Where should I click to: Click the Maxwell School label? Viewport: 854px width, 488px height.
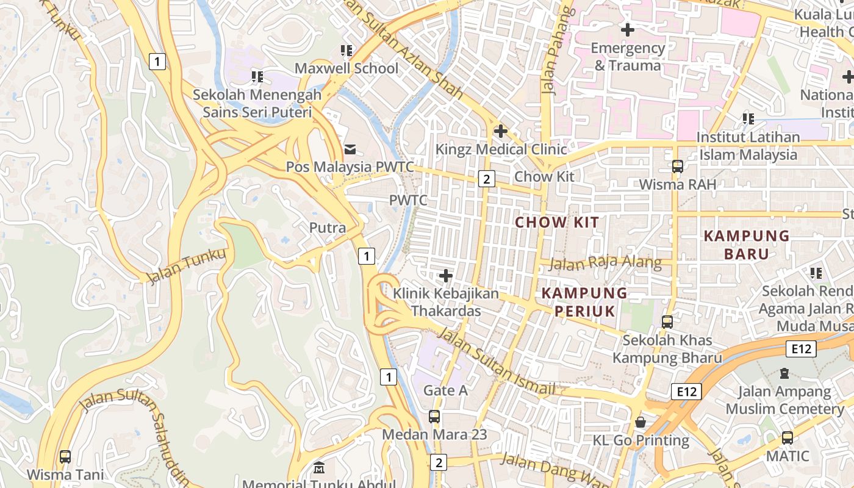(346, 68)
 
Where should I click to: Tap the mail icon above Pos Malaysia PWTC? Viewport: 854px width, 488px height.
(350, 149)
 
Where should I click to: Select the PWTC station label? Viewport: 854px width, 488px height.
(408, 200)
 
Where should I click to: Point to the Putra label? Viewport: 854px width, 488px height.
(328, 228)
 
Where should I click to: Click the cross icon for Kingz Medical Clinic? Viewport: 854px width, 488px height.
(501, 131)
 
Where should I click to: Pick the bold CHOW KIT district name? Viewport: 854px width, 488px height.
(557, 223)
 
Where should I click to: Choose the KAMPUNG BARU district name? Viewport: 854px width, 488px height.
(746, 245)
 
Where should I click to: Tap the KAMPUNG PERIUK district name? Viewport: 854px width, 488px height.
(584, 302)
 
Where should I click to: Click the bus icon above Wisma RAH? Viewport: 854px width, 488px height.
(677, 167)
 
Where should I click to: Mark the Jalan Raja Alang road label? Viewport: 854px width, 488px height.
(605, 264)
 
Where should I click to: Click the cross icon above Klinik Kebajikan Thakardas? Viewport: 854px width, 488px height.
(446, 276)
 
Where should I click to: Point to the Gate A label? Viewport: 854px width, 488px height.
(445, 390)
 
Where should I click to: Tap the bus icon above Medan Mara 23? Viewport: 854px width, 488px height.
(434, 417)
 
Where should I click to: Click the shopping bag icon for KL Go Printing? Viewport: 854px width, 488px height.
(640, 422)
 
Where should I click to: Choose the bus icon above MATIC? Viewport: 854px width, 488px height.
(788, 438)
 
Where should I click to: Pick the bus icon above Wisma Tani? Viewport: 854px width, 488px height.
(65, 456)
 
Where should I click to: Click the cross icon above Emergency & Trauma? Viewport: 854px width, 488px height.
(627, 29)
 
